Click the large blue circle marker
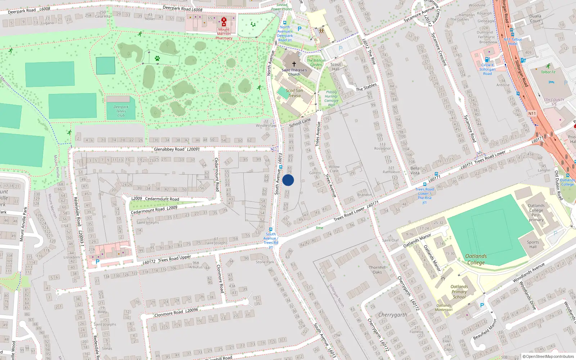click(288, 180)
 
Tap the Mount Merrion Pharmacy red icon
click(224, 22)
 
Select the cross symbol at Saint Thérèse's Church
click(294, 64)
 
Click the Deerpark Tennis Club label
click(121, 111)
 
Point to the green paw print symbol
click(157, 58)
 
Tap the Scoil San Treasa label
click(294, 93)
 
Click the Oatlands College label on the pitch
click(476, 259)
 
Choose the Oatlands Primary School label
click(459, 292)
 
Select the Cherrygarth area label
click(393, 315)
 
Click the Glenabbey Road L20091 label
click(176, 149)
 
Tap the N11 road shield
click(532, 113)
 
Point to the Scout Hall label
click(336, 67)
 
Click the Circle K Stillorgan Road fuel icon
click(487, 60)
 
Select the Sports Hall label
click(533, 244)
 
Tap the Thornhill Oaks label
click(377, 270)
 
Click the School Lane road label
click(300, 123)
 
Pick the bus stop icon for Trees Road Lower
click(424, 184)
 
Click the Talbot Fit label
click(548, 72)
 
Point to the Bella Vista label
click(415, 170)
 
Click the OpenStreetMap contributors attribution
click(548, 356)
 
